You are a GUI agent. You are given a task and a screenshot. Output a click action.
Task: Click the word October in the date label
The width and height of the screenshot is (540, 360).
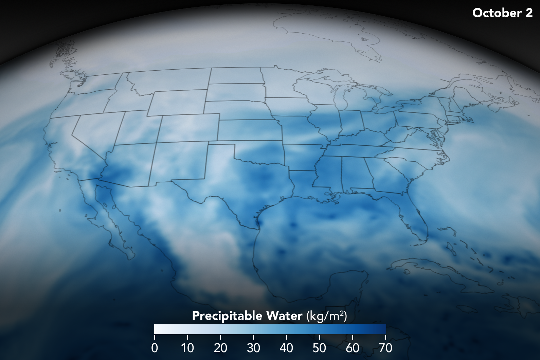[x=497, y=13]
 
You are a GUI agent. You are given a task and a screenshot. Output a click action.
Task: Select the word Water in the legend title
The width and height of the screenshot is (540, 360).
[x=284, y=316]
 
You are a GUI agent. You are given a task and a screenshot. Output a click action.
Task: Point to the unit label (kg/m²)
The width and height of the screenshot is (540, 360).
[x=327, y=316]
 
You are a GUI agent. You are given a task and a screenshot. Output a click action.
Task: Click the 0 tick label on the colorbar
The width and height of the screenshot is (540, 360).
[x=155, y=348]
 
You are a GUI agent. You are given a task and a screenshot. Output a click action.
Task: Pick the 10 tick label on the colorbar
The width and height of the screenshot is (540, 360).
[x=187, y=348]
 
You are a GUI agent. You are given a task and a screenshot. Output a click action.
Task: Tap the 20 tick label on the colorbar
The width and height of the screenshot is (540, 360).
[x=220, y=348]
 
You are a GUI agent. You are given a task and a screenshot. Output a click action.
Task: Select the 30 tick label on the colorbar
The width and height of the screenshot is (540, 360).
[x=253, y=348]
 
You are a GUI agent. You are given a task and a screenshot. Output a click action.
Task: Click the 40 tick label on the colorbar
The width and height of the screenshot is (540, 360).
[x=286, y=348]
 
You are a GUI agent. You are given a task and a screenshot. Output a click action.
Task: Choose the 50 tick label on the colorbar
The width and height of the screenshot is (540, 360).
[x=319, y=348]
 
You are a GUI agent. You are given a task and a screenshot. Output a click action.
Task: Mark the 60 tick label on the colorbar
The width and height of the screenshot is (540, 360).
[x=353, y=348]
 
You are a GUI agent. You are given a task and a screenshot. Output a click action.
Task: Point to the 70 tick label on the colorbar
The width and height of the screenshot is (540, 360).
[x=385, y=348]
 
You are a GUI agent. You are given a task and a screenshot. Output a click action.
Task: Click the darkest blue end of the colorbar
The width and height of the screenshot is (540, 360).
[x=383, y=329]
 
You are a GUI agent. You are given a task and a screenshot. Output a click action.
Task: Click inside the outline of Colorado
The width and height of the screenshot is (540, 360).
[x=188, y=128]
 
